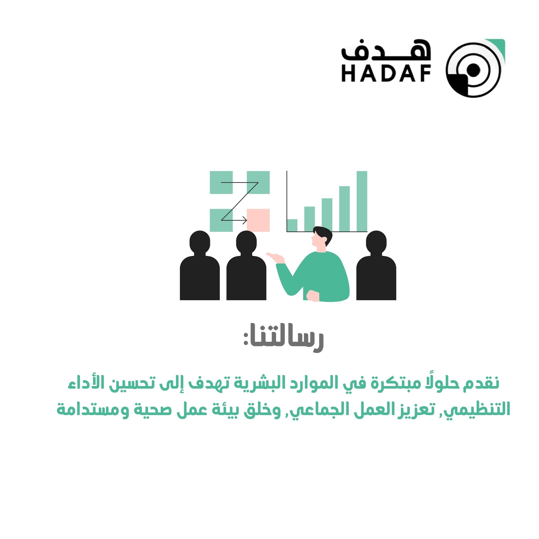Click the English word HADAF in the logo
pyautogui.click(x=386, y=74)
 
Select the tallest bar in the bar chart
pyautogui.click(x=362, y=201)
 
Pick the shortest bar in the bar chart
pyautogui.click(x=292, y=225)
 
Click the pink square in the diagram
pyautogui.click(x=258, y=220)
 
